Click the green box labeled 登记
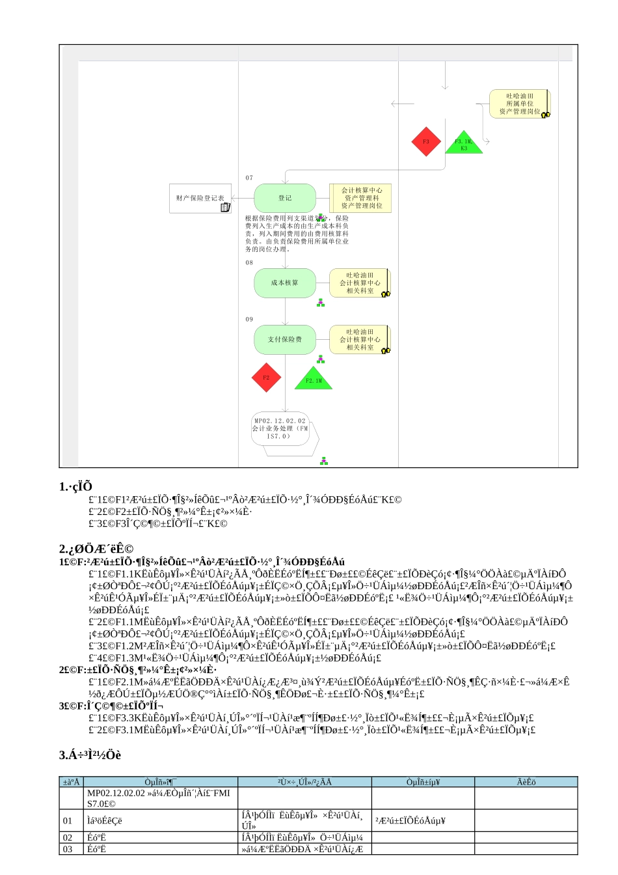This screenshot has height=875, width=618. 285,198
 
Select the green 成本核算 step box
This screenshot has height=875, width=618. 285,283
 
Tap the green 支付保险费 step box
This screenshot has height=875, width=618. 285,340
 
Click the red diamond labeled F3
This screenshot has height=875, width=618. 426,142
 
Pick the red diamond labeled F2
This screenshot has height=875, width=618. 266,378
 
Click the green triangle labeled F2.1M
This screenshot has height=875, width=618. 314,379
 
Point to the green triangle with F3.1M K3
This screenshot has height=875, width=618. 464,143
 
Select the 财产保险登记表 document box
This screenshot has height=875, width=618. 200,198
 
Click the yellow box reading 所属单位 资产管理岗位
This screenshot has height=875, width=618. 520,104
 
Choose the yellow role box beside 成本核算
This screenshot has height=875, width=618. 360,283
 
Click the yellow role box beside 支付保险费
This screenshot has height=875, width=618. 360,340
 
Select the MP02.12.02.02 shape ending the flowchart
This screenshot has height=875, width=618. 281,429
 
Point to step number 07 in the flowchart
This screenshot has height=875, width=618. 249,178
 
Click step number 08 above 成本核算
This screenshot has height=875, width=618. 249,263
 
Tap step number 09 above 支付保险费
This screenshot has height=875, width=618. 249,320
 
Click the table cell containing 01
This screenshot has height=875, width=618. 72,821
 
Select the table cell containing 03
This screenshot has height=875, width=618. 72,850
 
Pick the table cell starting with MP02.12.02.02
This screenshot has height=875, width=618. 161,798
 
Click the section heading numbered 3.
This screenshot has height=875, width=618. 90,755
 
